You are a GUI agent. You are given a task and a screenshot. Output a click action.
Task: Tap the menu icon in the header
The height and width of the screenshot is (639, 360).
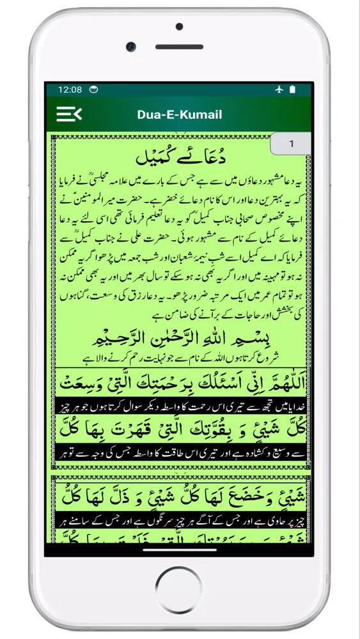click(69, 114)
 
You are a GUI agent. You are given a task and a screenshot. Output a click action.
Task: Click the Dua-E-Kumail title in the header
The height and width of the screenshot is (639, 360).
click(180, 115)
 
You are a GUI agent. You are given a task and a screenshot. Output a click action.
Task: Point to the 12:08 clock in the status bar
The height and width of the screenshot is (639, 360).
click(70, 89)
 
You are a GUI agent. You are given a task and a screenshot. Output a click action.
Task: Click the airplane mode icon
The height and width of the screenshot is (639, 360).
click(278, 89)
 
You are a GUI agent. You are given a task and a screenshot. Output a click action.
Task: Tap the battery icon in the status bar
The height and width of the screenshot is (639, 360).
click(292, 89)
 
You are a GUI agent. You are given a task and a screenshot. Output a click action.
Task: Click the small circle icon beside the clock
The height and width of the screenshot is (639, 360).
click(93, 89)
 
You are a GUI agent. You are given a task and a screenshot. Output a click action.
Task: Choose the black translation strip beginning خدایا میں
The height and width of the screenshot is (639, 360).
click(180, 407)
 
